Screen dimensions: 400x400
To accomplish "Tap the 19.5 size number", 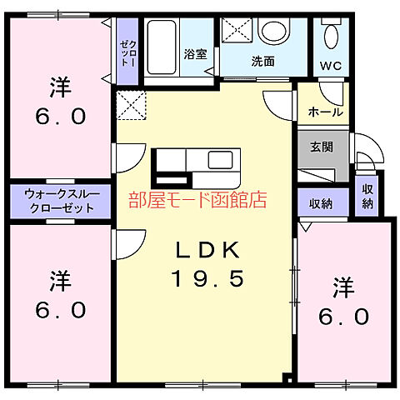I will tap(209, 278).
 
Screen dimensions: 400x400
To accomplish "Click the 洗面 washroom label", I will tap(263, 61).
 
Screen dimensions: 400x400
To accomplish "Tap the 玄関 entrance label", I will tap(322, 147).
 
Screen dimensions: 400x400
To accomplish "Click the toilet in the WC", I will tap(330, 34).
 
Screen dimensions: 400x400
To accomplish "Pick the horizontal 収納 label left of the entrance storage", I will tap(321, 203).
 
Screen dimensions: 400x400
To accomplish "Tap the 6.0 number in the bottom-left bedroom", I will tap(59, 311).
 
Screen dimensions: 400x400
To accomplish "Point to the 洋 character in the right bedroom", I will tap(342, 287).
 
